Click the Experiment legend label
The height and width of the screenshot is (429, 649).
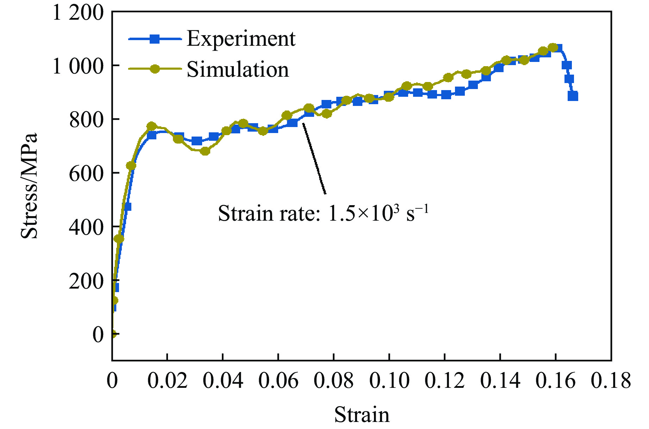[x=241, y=38]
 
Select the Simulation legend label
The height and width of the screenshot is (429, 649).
[x=238, y=69]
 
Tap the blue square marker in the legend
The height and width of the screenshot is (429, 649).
[x=155, y=39]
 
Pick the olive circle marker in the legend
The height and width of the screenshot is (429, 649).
[x=155, y=69]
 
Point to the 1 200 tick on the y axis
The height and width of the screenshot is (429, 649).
[x=78, y=13]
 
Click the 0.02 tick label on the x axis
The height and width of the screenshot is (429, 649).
[x=167, y=381]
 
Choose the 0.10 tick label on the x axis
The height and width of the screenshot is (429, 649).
[x=389, y=381]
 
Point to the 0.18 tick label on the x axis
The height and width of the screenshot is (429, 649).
[x=611, y=381]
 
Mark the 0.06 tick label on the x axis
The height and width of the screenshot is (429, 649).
[x=278, y=381]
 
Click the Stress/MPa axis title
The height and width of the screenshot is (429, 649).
[x=29, y=186]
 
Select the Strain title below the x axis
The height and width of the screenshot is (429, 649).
[x=362, y=414]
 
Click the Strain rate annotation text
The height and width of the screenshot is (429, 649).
[x=323, y=213]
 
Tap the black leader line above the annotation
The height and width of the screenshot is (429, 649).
[x=314, y=158]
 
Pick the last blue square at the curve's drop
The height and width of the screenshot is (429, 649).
[x=573, y=96]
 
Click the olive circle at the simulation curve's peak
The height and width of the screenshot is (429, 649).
[x=553, y=48]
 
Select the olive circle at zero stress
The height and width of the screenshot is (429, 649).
[x=113, y=334]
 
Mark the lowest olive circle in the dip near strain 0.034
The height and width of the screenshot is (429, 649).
[x=205, y=151]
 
